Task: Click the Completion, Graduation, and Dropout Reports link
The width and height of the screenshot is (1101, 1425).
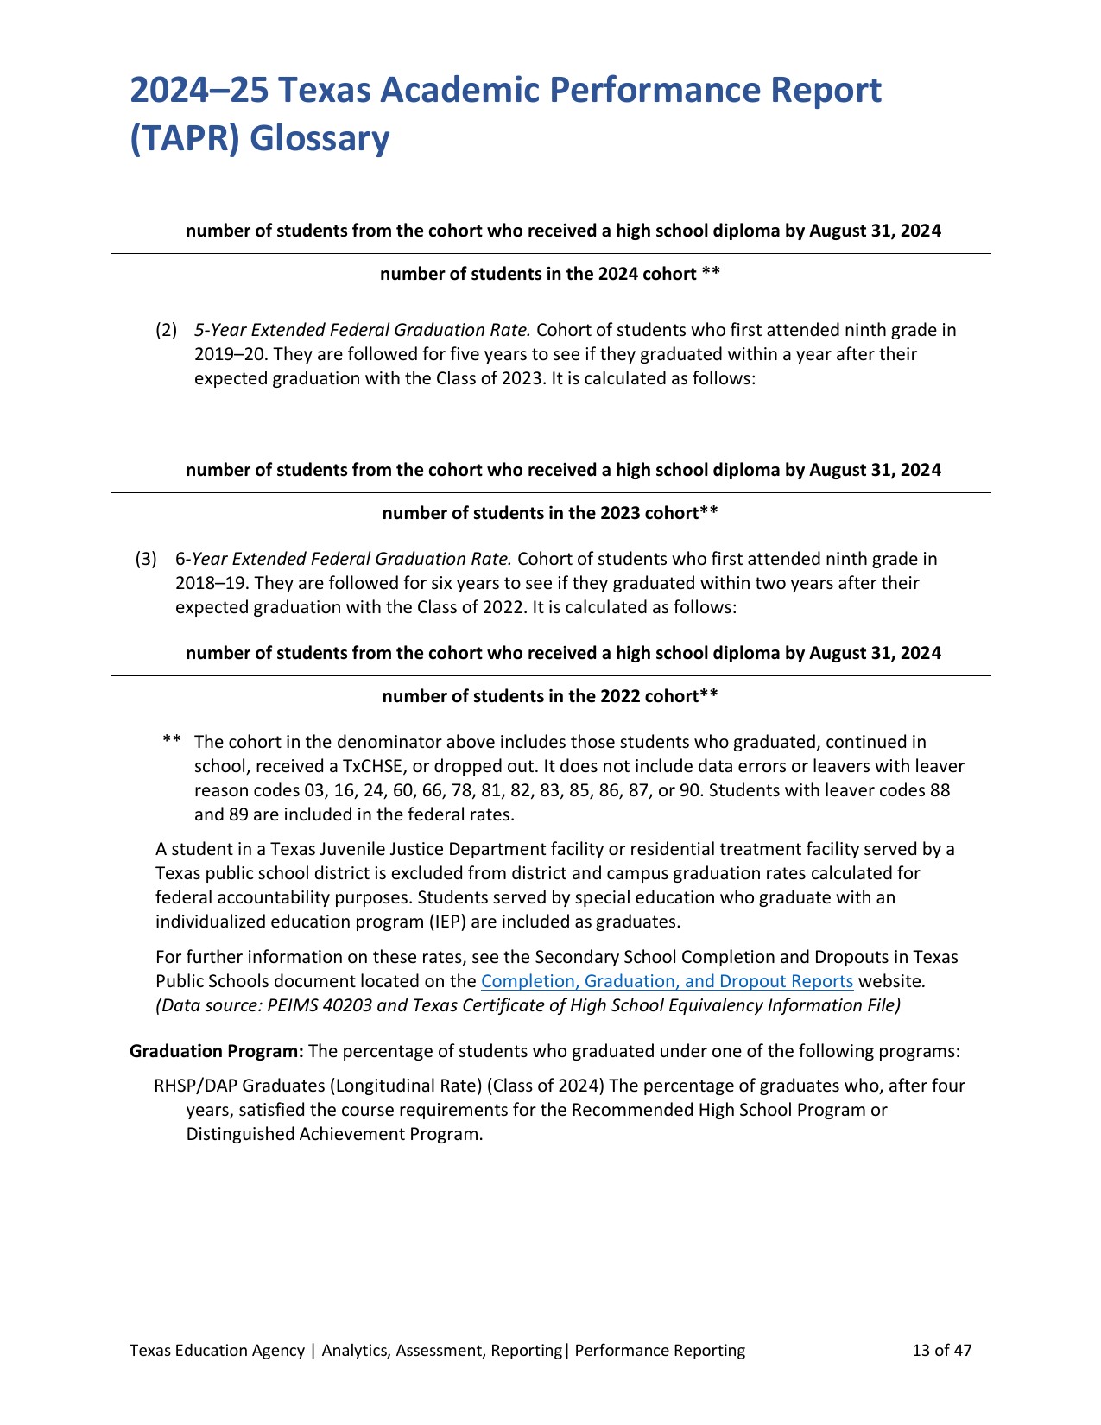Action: click(x=667, y=981)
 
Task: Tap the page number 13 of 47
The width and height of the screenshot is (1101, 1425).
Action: click(x=941, y=1350)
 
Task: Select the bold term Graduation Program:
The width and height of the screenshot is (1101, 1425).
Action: click(x=216, y=1051)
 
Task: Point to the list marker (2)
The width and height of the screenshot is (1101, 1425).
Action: click(x=166, y=330)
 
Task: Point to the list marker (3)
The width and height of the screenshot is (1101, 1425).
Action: click(x=146, y=559)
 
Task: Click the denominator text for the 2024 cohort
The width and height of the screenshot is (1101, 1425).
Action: click(x=550, y=274)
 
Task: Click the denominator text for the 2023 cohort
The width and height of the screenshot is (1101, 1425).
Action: click(x=550, y=513)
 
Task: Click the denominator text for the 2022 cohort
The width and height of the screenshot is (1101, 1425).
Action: click(x=550, y=696)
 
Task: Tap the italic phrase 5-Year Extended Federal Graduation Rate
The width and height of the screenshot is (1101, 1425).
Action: click(x=362, y=330)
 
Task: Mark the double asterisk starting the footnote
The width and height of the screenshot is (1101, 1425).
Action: click(x=172, y=741)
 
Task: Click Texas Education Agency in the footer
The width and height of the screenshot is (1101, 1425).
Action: click(x=217, y=1350)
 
